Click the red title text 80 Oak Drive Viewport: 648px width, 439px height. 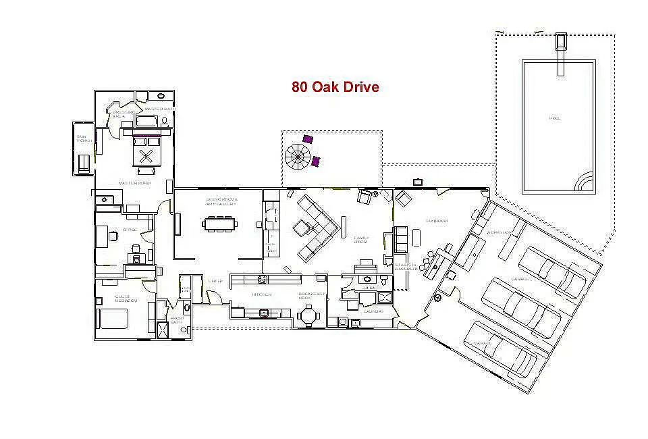[x=335, y=87]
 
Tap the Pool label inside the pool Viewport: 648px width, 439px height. [x=555, y=118]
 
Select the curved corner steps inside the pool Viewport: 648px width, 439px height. [x=585, y=182]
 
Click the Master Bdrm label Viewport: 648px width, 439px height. [x=134, y=183]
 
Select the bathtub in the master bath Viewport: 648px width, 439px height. [x=146, y=122]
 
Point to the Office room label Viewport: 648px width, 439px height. [x=130, y=230]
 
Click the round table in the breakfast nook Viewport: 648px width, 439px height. [x=309, y=314]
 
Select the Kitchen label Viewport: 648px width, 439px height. [x=262, y=294]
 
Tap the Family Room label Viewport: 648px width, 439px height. [x=361, y=240]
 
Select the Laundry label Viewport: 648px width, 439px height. [x=373, y=311]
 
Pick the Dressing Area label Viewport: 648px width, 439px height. [x=119, y=114]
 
